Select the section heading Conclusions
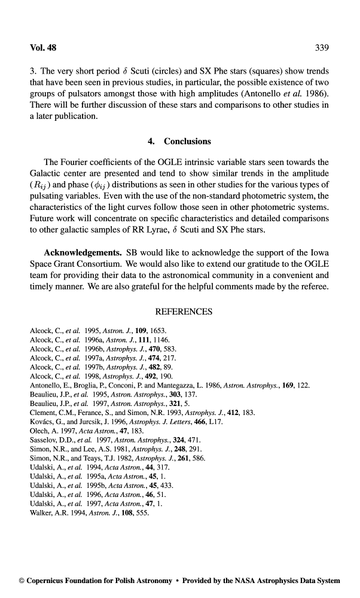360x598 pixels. tap(188, 142)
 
